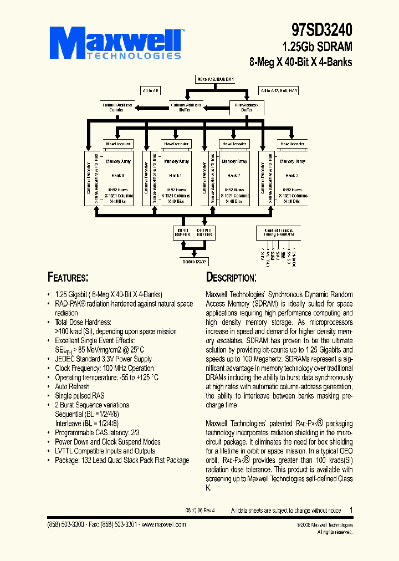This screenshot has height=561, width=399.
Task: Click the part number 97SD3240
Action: (x=321, y=29)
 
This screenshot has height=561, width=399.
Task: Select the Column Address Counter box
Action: (x=116, y=107)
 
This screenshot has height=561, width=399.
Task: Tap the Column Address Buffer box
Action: (x=185, y=107)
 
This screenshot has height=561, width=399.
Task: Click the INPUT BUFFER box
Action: (x=182, y=232)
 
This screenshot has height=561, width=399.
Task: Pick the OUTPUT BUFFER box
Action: (x=204, y=232)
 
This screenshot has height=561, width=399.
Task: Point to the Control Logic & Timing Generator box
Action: (x=278, y=232)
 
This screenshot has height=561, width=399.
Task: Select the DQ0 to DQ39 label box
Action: (x=193, y=261)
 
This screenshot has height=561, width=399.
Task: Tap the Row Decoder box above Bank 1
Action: (x=176, y=144)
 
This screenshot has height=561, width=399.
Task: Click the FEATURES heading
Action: (x=68, y=278)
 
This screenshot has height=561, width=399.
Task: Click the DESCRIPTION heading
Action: (x=231, y=278)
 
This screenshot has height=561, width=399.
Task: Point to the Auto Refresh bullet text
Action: (x=72, y=386)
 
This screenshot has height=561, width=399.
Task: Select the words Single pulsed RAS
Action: (x=80, y=396)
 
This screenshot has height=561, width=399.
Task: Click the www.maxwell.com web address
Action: (x=163, y=524)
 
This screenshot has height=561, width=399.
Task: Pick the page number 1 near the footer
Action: (x=351, y=509)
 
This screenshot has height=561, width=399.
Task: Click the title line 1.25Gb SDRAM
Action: (x=317, y=47)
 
